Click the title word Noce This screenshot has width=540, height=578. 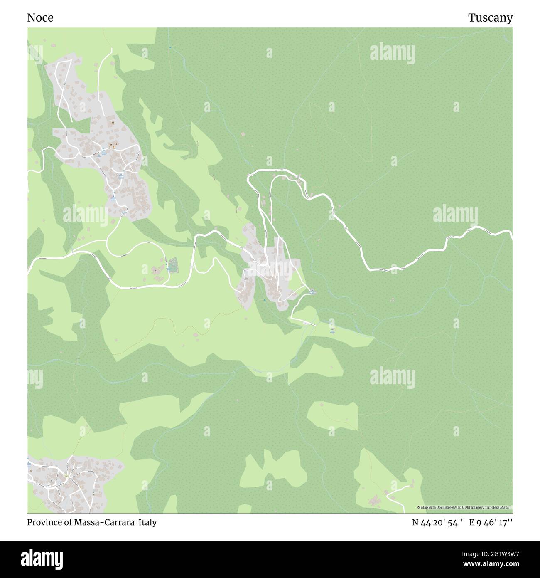40,18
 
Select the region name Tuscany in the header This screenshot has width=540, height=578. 490,18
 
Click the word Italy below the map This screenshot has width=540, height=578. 147,522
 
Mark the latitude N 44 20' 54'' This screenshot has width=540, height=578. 437,522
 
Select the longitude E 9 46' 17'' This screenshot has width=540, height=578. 491,522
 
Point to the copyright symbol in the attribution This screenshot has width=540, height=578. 418,507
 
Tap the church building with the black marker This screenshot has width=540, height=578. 156,270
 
